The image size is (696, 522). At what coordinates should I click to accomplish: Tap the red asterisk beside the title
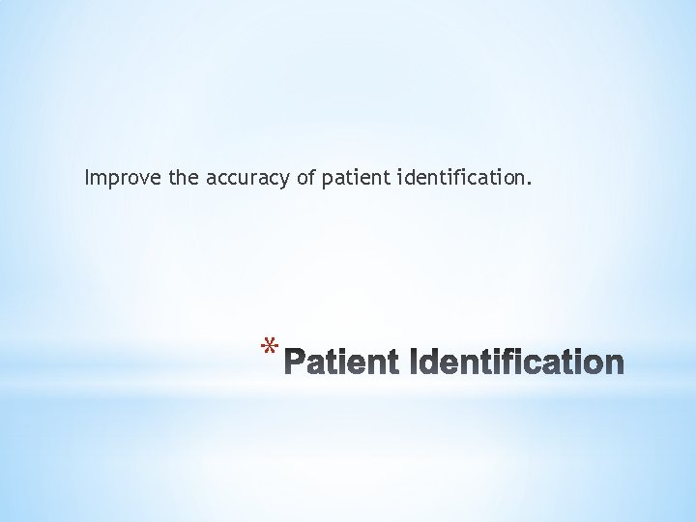[x=272, y=349]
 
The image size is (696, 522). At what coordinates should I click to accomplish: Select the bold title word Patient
[x=343, y=362]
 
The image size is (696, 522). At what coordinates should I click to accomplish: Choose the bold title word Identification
[x=518, y=362]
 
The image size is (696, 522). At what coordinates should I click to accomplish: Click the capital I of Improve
[x=87, y=178]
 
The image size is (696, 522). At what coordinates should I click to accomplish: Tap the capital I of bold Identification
[x=417, y=362]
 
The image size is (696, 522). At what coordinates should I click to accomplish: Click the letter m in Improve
[x=98, y=179]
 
